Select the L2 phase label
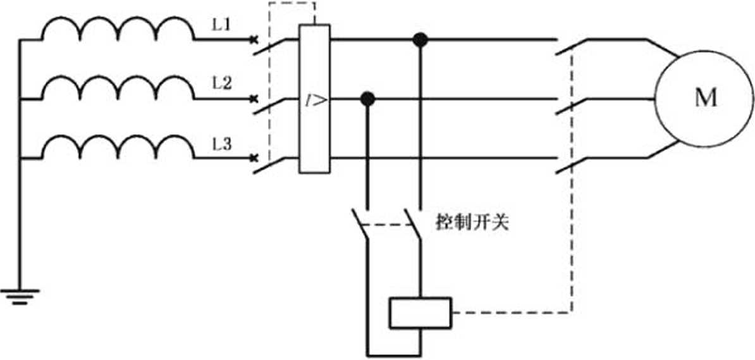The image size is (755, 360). point(221,86)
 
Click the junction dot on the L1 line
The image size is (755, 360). point(418,40)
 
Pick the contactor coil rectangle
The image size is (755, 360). point(419,313)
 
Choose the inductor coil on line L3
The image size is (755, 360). point(118,147)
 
